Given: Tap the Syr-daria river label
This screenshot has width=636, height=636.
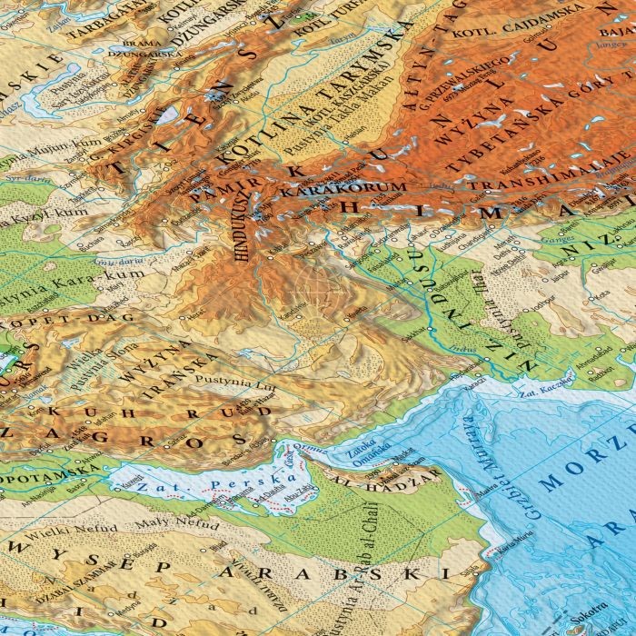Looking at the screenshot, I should (25, 183).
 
